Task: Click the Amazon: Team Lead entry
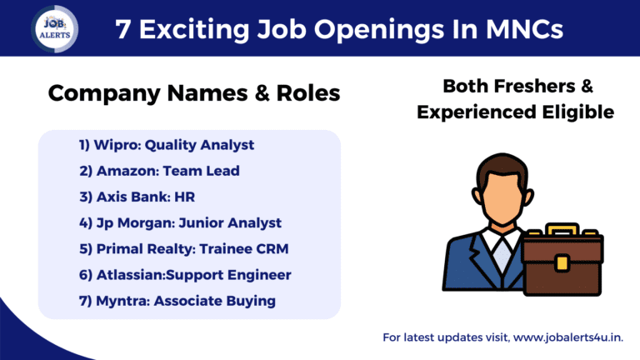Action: tap(159, 171)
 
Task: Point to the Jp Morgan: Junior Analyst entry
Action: tap(180, 222)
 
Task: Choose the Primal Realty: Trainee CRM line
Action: tap(182, 248)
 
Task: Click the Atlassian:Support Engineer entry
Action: tap(185, 274)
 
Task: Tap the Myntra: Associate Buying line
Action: tap(177, 301)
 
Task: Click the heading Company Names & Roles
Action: tap(193, 93)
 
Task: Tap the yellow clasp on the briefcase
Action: tap(562, 264)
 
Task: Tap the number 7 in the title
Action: tap(122, 30)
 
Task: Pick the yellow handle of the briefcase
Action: tap(562, 227)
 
